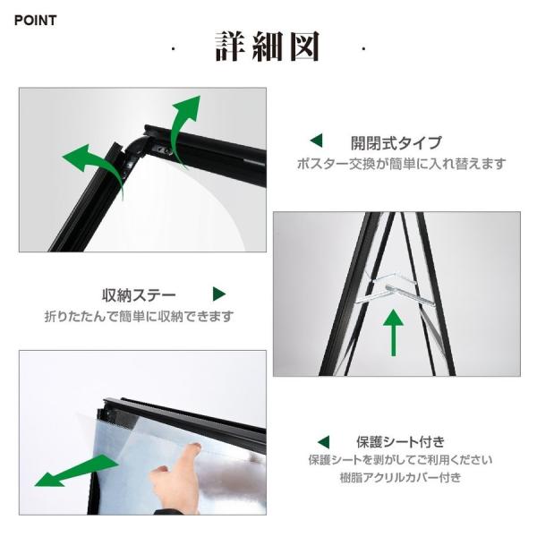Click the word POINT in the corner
(x=35, y=21)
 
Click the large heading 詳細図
(x=268, y=47)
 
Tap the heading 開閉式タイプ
(x=396, y=143)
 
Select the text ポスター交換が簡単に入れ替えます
(x=401, y=164)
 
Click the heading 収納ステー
(x=139, y=294)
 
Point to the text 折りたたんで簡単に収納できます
(x=139, y=316)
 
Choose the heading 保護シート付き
(x=400, y=442)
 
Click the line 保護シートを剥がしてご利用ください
(x=400, y=460)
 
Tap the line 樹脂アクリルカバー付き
(x=400, y=477)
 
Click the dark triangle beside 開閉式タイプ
(x=317, y=141)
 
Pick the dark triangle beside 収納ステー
(x=219, y=294)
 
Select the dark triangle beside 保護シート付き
(x=324, y=442)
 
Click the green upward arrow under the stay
(x=393, y=332)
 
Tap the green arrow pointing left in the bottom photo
(x=77, y=471)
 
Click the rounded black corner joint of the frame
(x=134, y=148)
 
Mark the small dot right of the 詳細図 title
(x=363, y=49)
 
